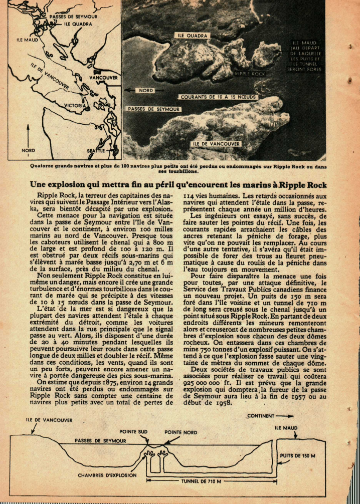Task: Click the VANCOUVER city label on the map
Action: tap(104, 78)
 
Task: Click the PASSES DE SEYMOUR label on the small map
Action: tap(73, 17)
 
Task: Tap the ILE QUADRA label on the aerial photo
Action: tap(193, 36)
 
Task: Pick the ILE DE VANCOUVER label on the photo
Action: tap(217, 144)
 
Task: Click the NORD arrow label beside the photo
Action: tap(145, 91)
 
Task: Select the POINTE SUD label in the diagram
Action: tap(133, 431)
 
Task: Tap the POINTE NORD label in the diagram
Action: tap(181, 431)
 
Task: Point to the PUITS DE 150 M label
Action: tap(298, 455)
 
